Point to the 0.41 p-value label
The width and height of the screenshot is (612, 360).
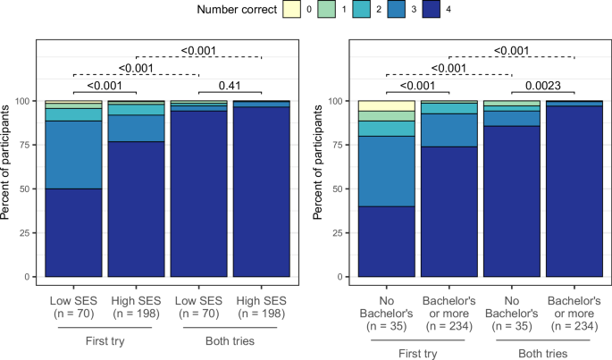tap(233, 87)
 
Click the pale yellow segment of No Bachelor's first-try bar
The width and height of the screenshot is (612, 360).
tap(386, 105)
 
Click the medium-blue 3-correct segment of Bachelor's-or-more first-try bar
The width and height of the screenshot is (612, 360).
tap(449, 130)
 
